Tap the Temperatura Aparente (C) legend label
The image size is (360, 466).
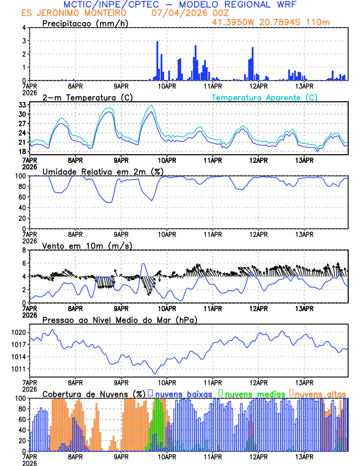coord(264,97)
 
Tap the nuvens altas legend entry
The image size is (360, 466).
coord(318,393)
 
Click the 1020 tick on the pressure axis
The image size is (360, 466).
coord(19,332)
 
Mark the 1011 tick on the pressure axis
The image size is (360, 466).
coord(19,370)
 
